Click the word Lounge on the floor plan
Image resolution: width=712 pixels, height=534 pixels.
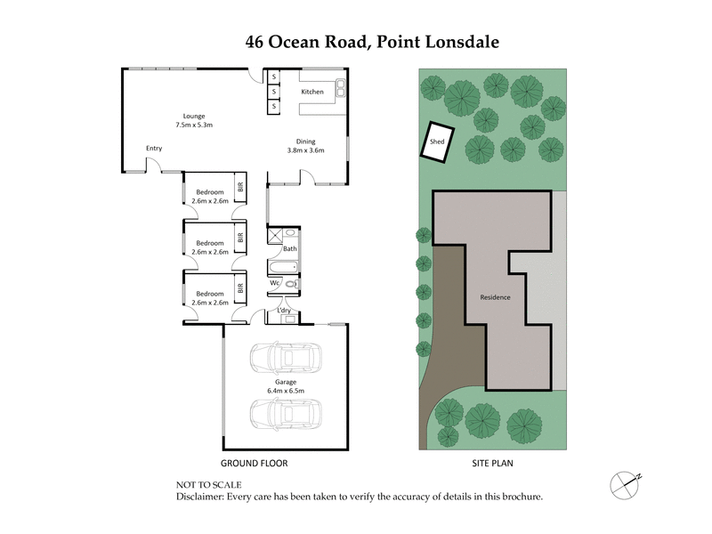point(194,116)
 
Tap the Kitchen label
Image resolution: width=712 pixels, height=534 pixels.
point(311,93)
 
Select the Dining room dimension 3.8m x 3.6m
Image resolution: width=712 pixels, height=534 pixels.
point(305,150)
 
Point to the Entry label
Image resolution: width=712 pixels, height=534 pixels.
point(154,149)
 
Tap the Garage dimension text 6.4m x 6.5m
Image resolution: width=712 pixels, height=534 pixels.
point(285,390)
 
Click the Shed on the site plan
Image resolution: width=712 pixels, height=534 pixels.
point(437,142)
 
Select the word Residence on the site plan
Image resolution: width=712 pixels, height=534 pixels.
point(495,297)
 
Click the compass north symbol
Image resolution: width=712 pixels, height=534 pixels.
point(626,483)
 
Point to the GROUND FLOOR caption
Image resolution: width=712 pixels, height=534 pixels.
point(254,464)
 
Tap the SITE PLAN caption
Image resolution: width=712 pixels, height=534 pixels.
point(493,464)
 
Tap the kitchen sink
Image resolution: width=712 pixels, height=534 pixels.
point(339,87)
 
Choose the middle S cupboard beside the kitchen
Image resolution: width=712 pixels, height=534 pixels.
point(274,93)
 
